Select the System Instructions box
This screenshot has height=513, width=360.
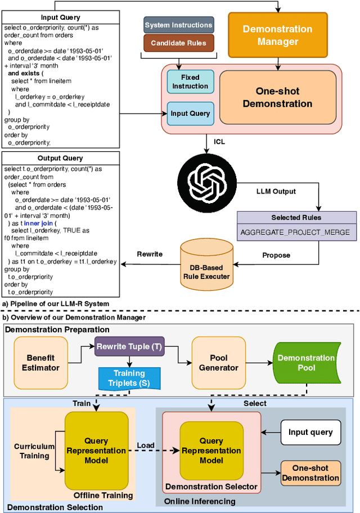tap(178, 25)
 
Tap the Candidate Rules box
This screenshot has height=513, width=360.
tap(178, 43)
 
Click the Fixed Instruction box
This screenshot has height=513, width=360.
tap(190, 82)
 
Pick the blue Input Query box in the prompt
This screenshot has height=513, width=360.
tap(190, 114)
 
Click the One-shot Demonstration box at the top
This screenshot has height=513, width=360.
tap(277, 97)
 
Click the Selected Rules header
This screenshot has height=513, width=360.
tap(296, 218)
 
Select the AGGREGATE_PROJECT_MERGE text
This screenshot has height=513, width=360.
tap(295, 232)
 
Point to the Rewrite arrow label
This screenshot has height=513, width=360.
tap(150, 254)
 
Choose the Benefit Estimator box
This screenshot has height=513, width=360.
tap(43, 363)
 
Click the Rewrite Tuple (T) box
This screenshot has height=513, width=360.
tap(128, 347)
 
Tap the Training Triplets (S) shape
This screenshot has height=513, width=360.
tap(129, 377)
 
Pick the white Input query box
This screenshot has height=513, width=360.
tap(310, 433)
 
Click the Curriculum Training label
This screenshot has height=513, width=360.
tap(34, 451)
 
